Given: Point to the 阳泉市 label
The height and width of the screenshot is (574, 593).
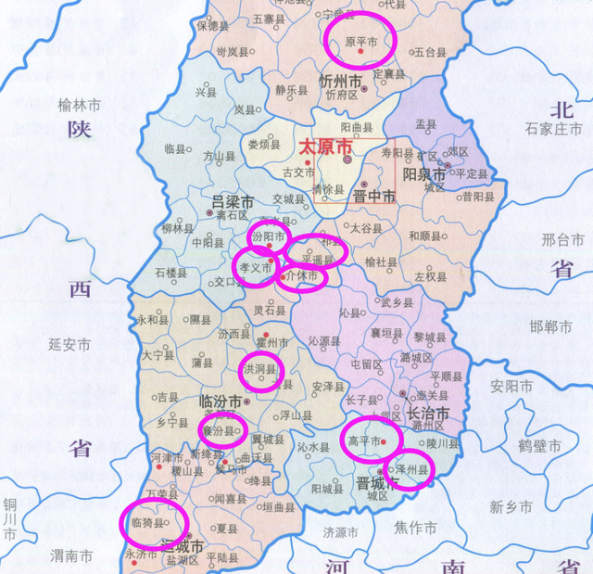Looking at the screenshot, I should (426, 174).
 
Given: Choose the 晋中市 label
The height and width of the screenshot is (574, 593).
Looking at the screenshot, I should (376, 197).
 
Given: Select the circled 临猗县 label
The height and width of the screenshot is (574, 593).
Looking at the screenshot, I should (149, 525).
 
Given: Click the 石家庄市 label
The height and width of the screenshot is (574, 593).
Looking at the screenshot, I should (552, 129).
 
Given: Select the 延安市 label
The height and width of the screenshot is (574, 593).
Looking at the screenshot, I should (70, 344).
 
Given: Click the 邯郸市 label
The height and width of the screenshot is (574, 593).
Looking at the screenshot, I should (552, 325).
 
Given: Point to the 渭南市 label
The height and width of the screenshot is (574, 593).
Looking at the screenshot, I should (70, 556).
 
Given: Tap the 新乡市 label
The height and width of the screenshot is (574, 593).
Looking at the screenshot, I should (511, 506).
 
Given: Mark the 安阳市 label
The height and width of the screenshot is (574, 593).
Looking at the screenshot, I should (511, 385).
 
